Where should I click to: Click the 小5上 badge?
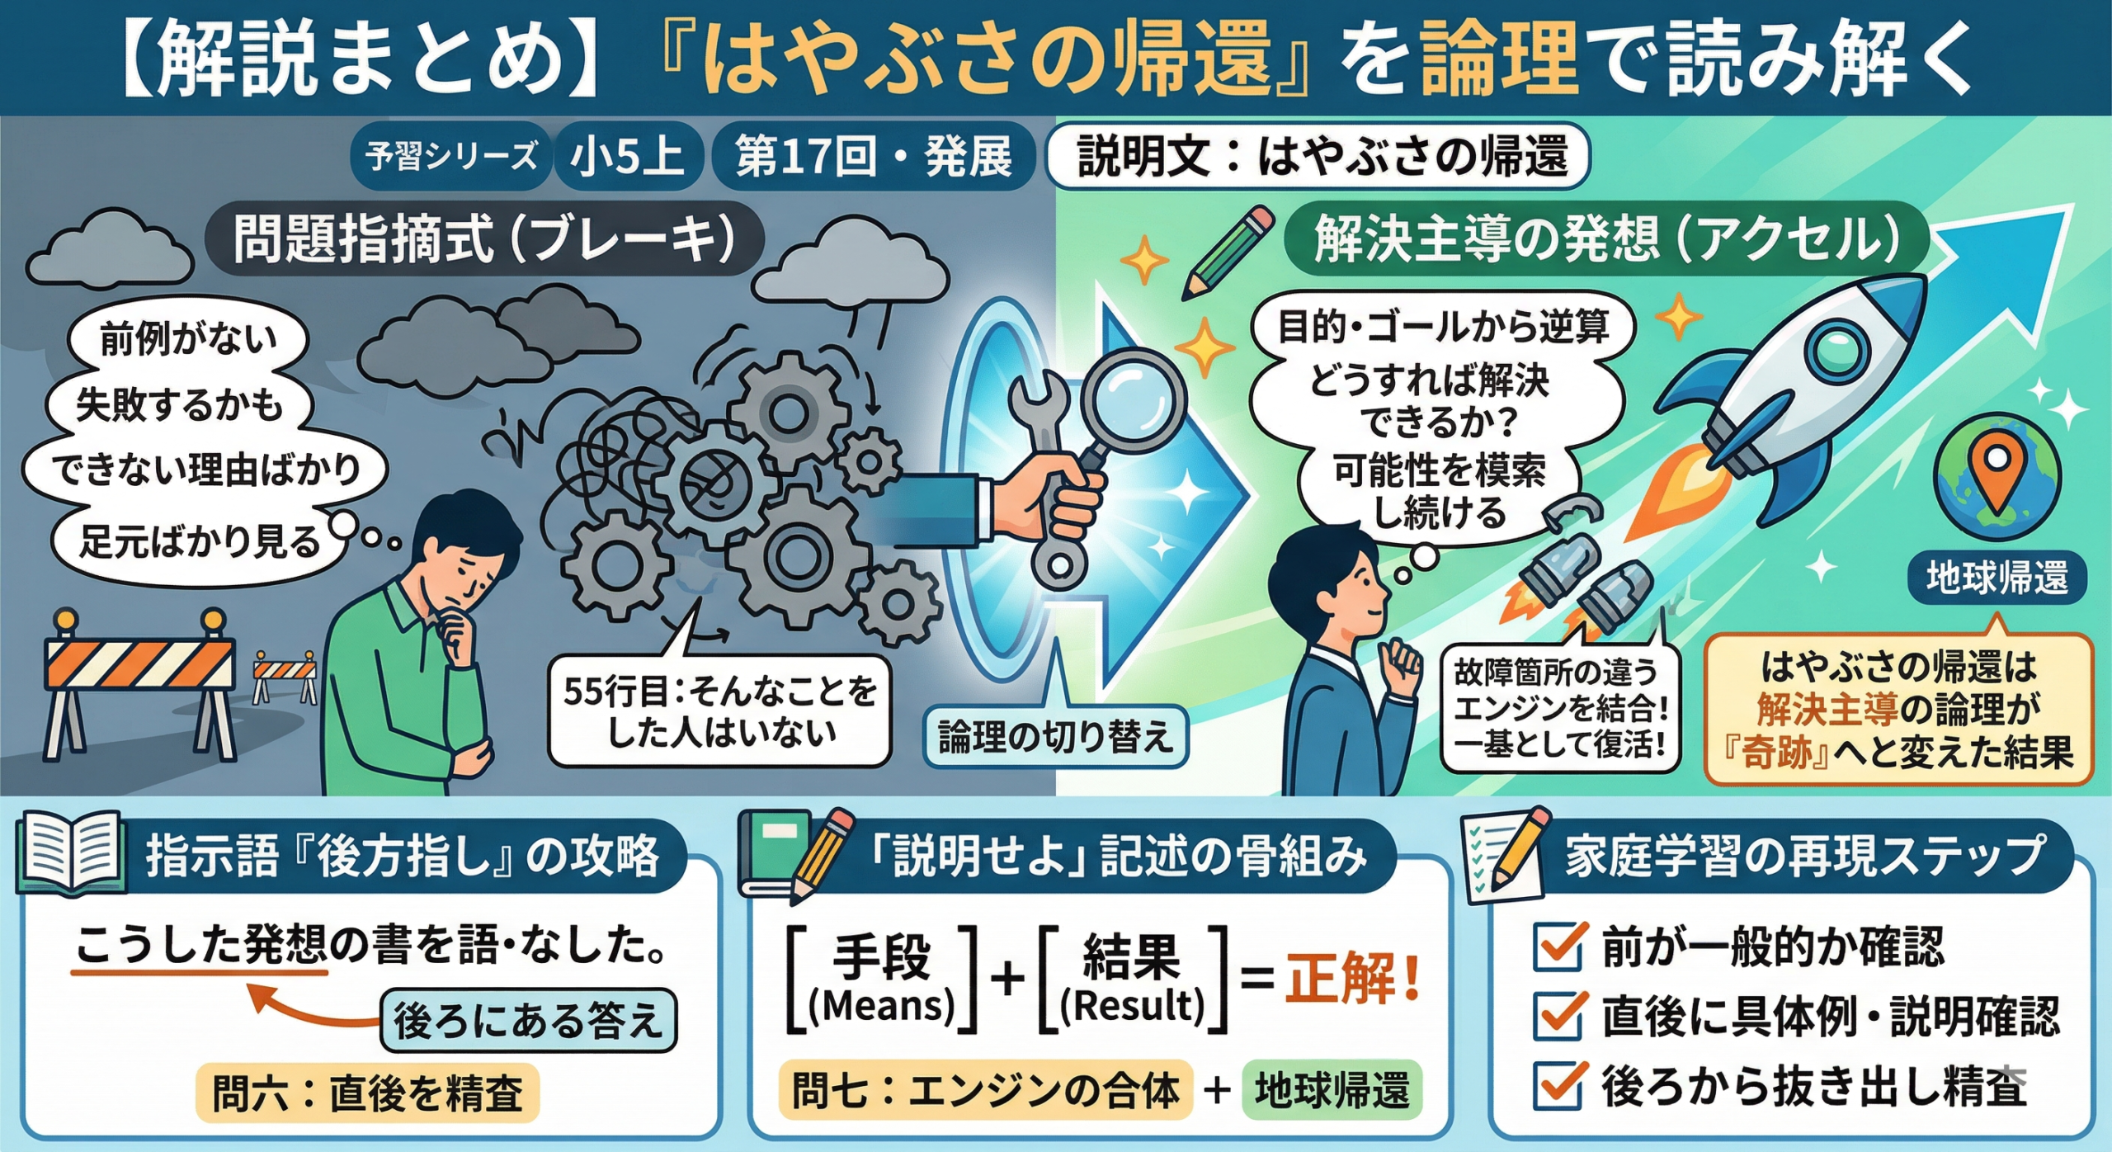click(x=628, y=156)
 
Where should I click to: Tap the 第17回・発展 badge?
click(x=873, y=156)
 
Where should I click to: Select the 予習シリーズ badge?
click(x=450, y=156)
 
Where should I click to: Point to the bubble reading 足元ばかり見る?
click(x=199, y=542)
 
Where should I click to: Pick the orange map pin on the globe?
click(x=1996, y=470)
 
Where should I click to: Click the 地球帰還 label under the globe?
click(x=1997, y=578)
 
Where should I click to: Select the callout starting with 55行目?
click(x=719, y=711)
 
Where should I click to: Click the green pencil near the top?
click(x=1228, y=252)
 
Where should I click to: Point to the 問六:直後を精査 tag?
click(x=367, y=1093)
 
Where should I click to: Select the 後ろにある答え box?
click(x=528, y=1021)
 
